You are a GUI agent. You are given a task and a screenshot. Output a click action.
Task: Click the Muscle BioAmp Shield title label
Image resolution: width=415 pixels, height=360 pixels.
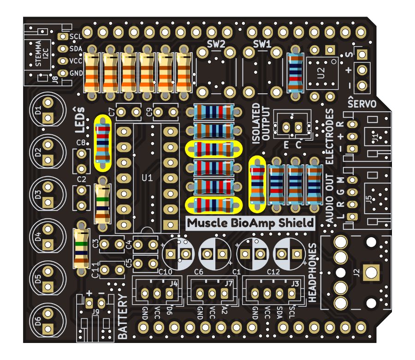(x=251, y=223)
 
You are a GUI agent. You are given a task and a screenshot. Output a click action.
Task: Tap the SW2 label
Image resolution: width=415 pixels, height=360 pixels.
(x=216, y=45)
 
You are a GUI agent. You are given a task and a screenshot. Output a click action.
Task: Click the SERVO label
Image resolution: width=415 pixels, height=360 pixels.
(x=362, y=103)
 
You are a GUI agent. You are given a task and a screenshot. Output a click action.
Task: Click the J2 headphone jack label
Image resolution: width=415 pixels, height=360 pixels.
(x=356, y=272)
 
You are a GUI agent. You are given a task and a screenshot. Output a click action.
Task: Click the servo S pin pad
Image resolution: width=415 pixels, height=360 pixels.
(x=362, y=55)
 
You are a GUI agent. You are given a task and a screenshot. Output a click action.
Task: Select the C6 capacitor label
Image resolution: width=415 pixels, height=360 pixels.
(x=199, y=271)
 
